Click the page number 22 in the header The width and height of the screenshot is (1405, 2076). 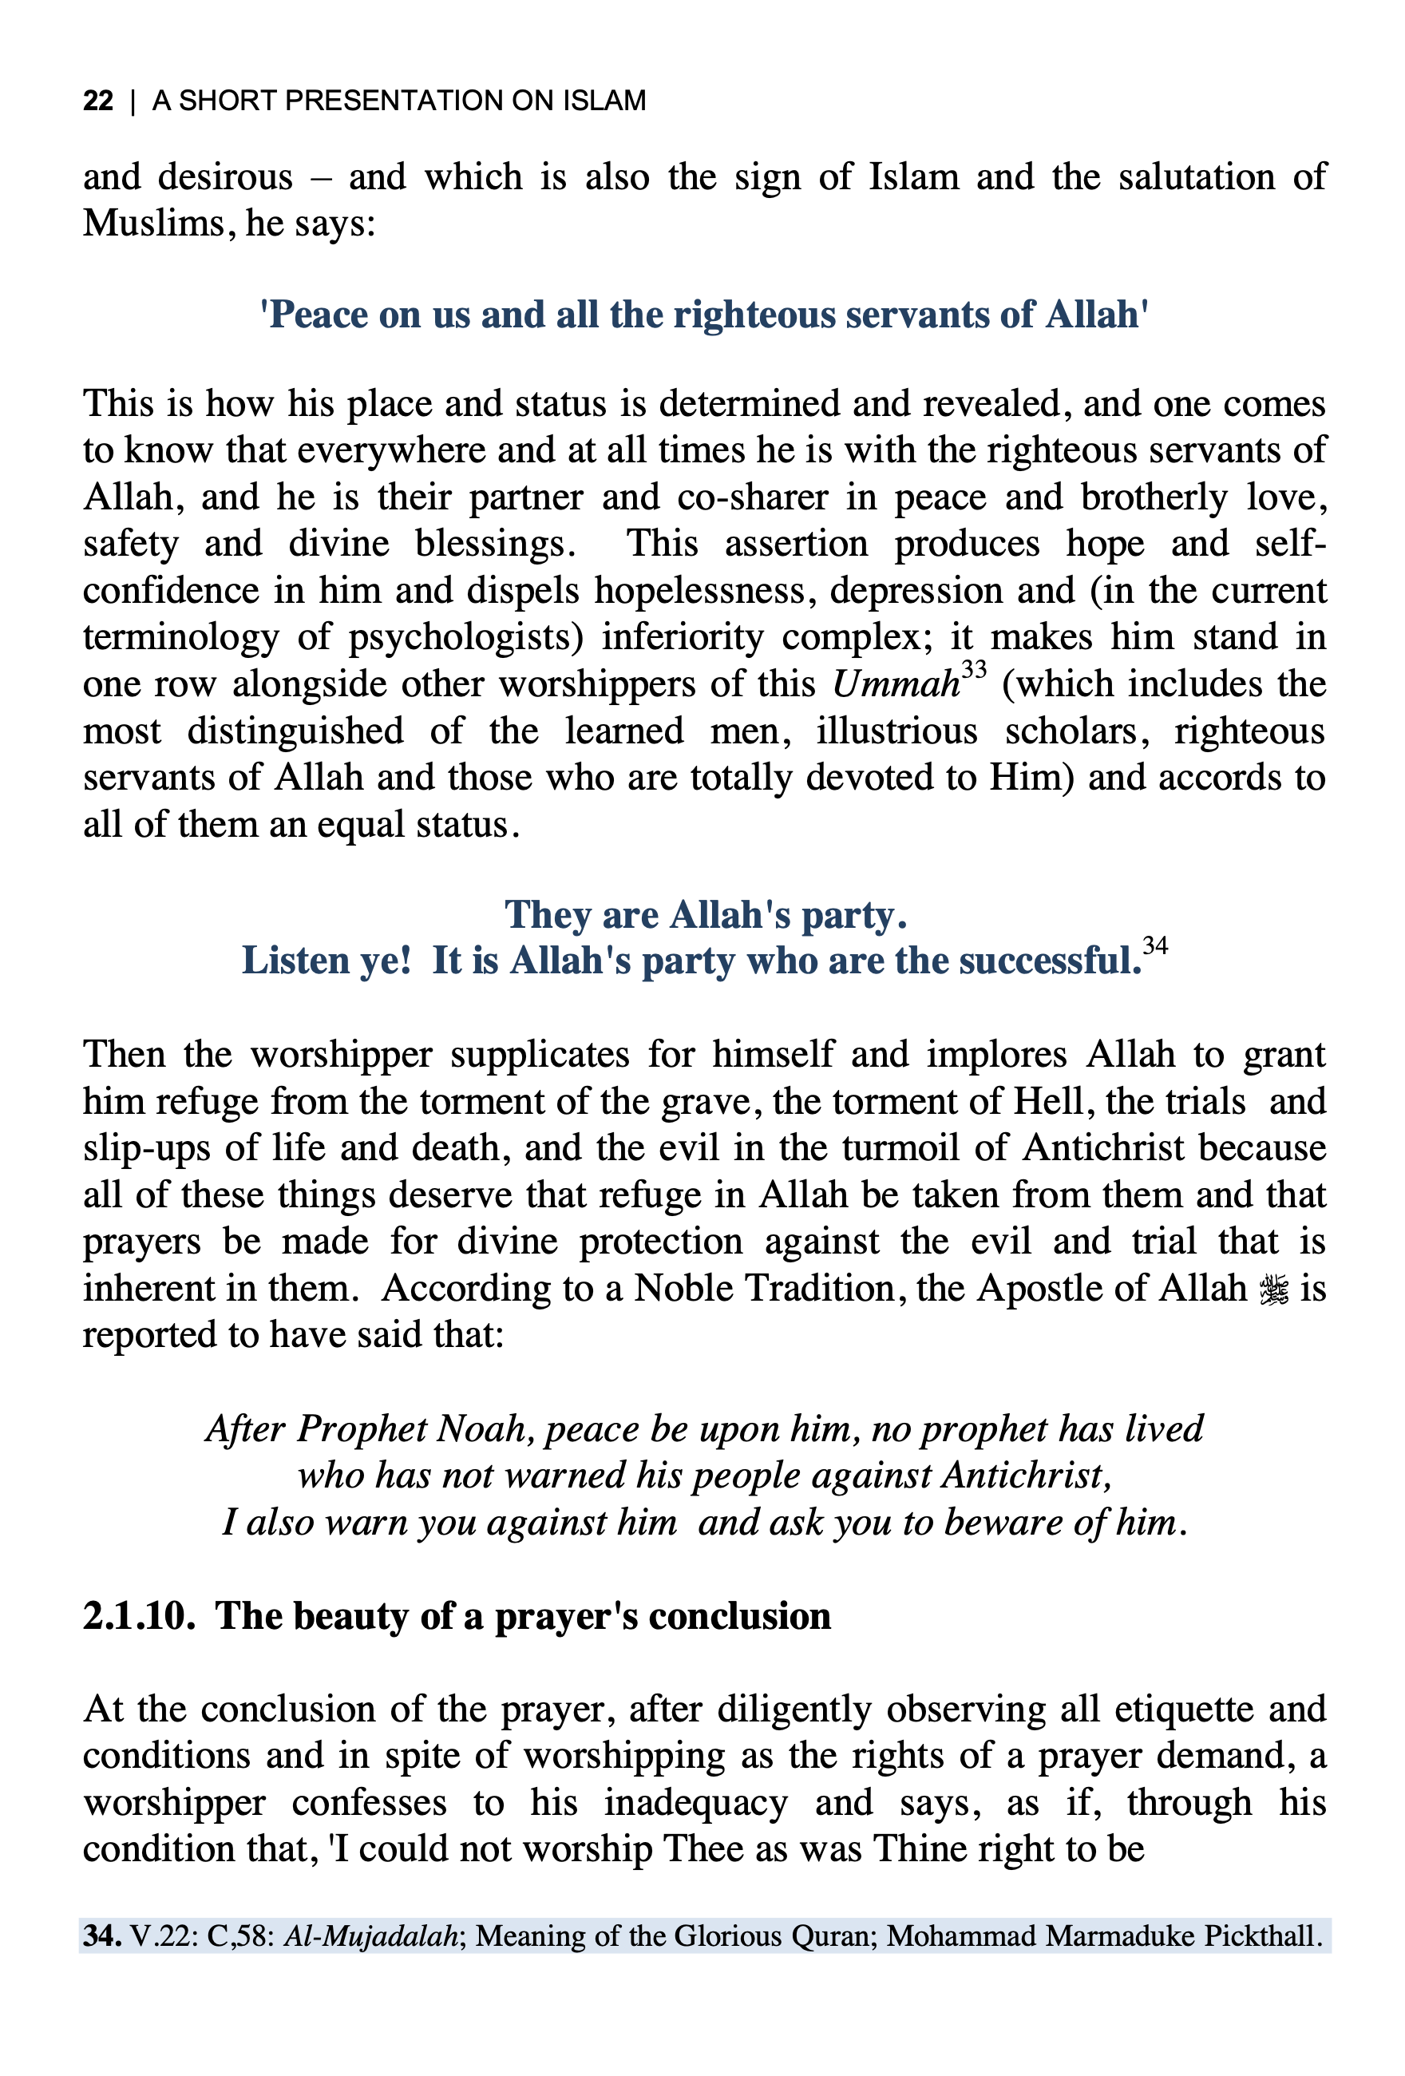98,101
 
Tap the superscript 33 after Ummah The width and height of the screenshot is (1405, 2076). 974,669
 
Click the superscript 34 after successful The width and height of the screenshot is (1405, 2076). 1155,945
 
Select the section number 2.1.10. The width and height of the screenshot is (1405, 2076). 138,1616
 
